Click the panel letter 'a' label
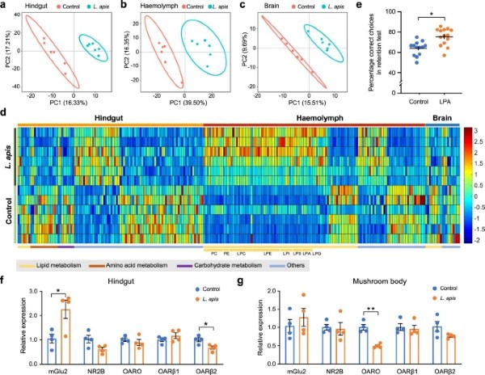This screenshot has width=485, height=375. pyautogui.click(x=5, y=6)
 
